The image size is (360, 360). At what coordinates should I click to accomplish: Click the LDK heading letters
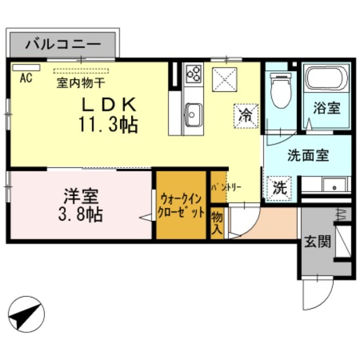pos(108,105)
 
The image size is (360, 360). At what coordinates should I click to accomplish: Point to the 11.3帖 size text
pos(108,124)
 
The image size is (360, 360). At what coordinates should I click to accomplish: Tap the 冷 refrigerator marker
pos(246,115)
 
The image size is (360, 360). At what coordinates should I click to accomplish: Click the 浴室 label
pos(327,108)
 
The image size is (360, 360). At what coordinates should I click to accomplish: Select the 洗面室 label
pos(308,156)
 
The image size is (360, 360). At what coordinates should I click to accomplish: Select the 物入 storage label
pos(217,223)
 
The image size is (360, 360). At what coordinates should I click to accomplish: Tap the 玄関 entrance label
pos(317,242)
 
